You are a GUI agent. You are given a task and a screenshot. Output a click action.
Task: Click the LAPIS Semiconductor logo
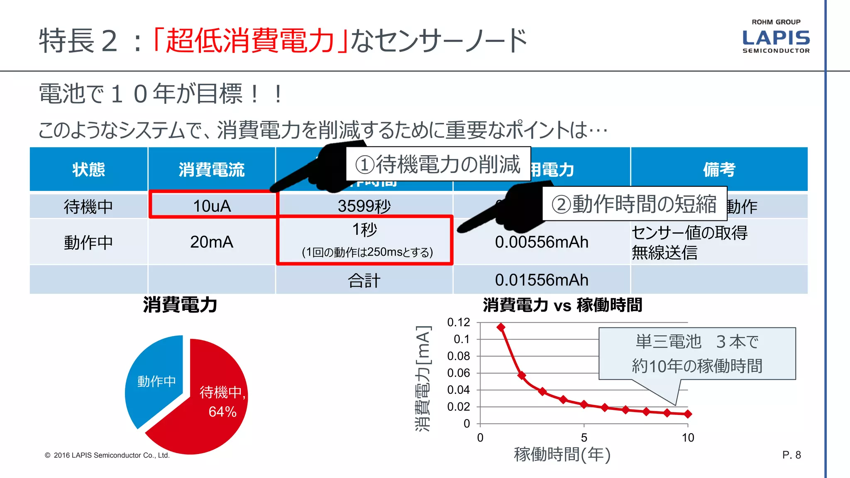[776, 38]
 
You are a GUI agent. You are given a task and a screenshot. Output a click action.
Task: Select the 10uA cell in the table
[212, 206]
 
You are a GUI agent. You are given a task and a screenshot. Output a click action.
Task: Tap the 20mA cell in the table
[212, 242]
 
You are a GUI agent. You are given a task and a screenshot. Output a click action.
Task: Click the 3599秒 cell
[364, 206]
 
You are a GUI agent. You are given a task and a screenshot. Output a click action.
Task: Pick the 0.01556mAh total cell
[542, 280]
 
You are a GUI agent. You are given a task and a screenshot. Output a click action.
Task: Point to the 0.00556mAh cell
[542, 242]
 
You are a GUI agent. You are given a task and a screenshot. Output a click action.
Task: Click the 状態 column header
[88, 169]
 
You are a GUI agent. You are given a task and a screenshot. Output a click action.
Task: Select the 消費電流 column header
[212, 169]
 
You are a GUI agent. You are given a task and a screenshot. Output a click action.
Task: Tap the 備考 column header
[719, 169]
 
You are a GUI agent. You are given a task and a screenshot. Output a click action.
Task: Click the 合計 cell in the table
[364, 280]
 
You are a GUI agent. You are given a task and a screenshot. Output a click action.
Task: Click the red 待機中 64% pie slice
[208, 411]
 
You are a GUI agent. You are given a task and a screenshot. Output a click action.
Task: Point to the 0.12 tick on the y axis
[459, 322]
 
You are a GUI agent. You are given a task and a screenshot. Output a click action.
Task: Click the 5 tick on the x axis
[584, 437]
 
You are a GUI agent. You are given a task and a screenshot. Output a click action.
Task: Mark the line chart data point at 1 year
[501, 327]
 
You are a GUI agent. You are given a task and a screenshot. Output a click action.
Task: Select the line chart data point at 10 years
[688, 414]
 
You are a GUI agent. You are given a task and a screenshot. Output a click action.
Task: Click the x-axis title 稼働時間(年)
[562, 454]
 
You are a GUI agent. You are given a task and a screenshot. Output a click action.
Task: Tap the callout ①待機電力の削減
[438, 164]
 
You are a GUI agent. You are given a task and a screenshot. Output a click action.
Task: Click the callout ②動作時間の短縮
[634, 204]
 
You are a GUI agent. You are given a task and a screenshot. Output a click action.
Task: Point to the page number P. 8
[791, 455]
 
